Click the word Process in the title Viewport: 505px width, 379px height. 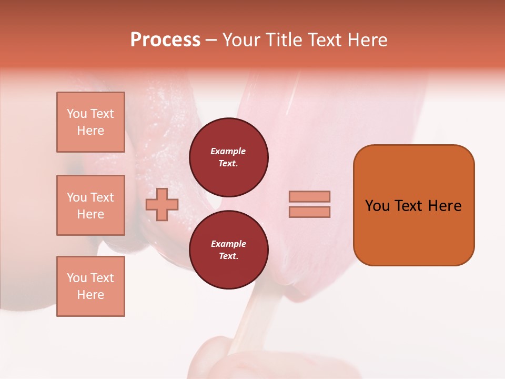pos(165,40)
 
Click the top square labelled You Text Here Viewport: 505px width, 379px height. pos(90,122)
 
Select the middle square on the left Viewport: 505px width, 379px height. pos(90,205)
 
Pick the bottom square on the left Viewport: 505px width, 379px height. pos(90,286)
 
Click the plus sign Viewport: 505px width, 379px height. pos(162,204)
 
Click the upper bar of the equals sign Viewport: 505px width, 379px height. pos(309,196)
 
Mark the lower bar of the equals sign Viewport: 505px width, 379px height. pos(309,212)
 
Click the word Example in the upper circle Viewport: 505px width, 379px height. pos(228,151)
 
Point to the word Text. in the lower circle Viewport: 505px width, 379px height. pos(228,256)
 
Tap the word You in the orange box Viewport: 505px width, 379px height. pos(377,206)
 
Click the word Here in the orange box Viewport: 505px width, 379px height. pos(445,206)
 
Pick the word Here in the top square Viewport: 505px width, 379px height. pos(90,131)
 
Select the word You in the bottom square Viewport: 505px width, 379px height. pos(77,278)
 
